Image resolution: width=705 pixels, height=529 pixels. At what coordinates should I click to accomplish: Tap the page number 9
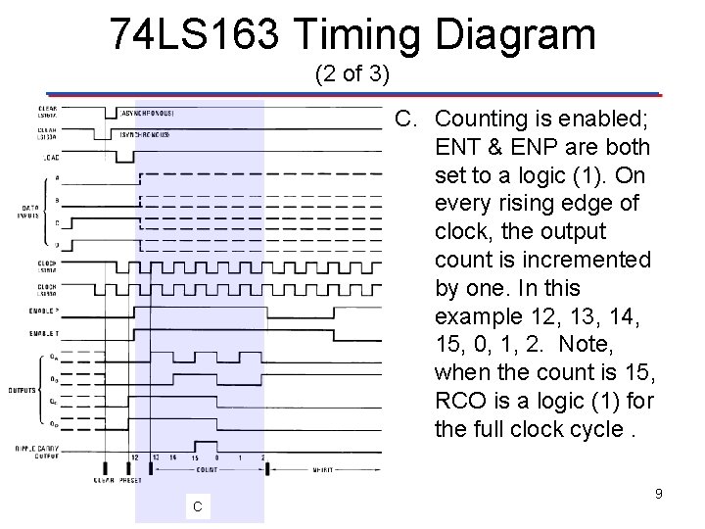tap(659, 494)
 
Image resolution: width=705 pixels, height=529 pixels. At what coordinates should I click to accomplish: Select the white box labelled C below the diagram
tap(197, 506)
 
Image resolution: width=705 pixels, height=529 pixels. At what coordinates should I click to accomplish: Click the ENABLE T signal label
tap(46, 334)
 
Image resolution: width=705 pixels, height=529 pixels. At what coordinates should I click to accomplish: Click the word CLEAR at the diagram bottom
tap(105, 481)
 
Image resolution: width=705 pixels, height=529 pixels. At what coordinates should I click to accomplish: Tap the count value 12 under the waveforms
tap(134, 457)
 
